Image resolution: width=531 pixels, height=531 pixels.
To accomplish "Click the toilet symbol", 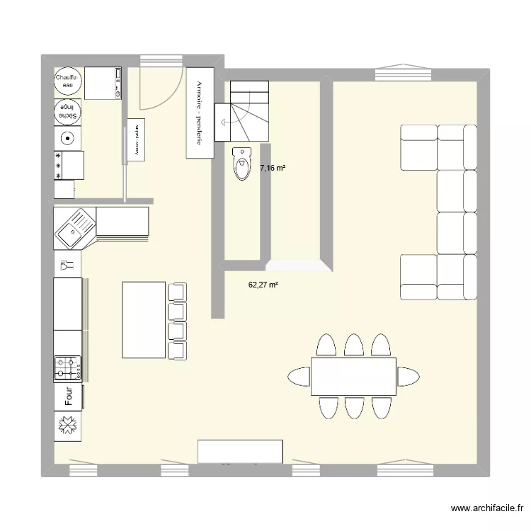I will (x=241, y=164).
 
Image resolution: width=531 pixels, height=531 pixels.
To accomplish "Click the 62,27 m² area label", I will (x=263, y=285).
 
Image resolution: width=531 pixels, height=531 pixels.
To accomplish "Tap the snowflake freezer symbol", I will (x=68, y=426).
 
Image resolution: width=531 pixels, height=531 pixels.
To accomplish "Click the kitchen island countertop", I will (x=144, y=320).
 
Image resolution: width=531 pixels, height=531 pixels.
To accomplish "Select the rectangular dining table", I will (x=353, y=376).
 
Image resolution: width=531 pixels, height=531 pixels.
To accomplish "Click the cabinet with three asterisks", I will (x=69, y=164).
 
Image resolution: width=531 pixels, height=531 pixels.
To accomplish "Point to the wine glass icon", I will (x=68, y=265).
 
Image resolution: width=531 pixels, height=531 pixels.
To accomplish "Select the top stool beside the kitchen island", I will (x=177, y=291).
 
